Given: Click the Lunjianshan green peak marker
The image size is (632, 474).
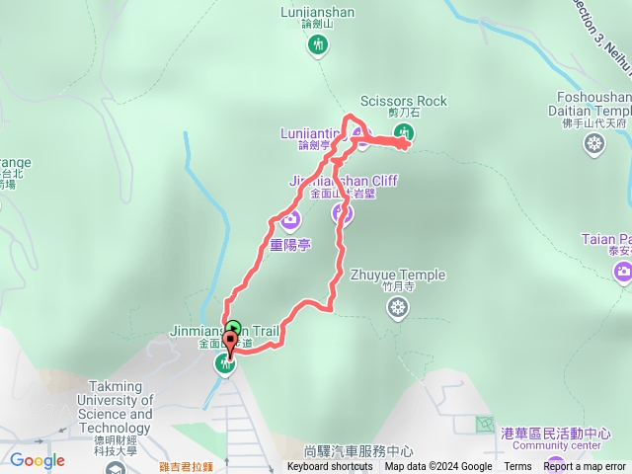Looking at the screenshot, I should click(x=318, y=44).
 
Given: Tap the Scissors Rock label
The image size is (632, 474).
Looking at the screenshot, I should click(x=403, y=101).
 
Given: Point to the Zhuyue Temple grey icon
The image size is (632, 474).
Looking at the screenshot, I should click(x=397, y=309).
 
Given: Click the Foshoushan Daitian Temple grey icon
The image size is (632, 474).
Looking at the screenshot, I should click(x=593, y=146).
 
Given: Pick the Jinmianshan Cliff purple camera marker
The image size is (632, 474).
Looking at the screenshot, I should click(x=343, y=210).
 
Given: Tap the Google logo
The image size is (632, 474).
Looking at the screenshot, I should click(x=38, y=460).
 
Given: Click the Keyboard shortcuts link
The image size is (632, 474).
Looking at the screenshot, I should click(x=330, y=467).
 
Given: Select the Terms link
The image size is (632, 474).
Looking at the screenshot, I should click(x=517, y=467).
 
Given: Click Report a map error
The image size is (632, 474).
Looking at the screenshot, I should click(x=585, y=467).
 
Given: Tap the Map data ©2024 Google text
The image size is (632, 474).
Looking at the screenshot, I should click(x=438, y=467).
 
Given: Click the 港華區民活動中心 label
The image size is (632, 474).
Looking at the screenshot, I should click(x=556, y=434).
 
